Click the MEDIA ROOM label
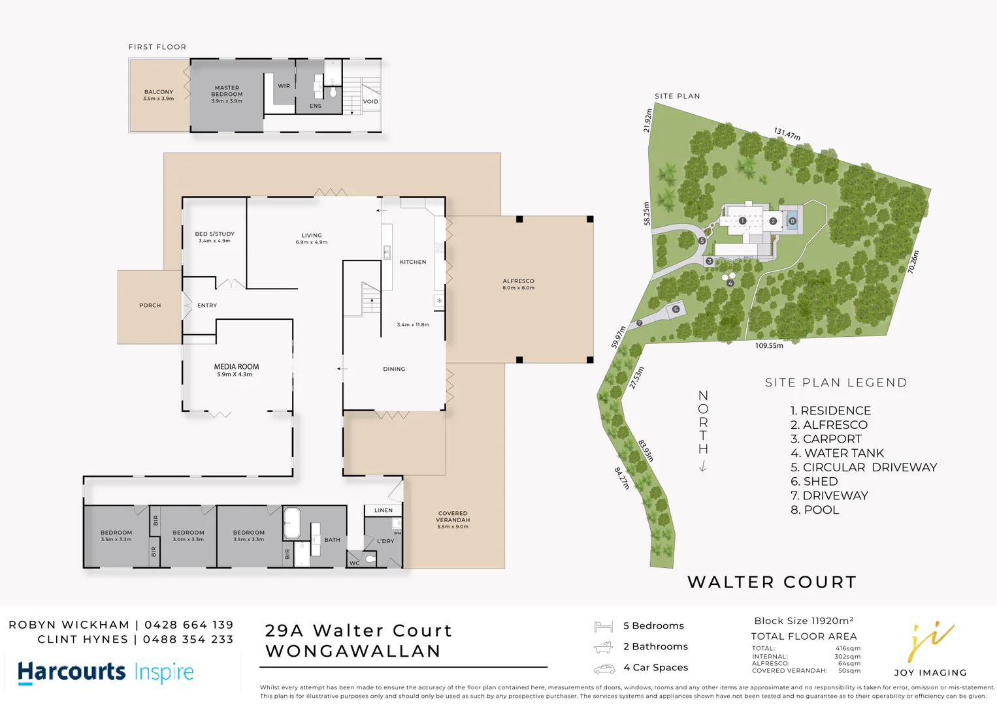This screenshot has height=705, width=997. [x=236, y=370]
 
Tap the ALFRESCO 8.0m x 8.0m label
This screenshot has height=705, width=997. [x=518, y=284]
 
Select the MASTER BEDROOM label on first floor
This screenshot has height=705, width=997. [x=227, y=94]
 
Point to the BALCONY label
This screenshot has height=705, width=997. [x=159, y=95]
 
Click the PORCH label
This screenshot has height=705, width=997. [x=150, y=305]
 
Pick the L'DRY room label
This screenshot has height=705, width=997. [x=385, y=541]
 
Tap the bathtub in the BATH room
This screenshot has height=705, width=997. [x=291, y=523]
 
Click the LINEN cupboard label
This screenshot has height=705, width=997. [x=384, y=510]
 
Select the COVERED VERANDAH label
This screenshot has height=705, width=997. [x=453, y=520]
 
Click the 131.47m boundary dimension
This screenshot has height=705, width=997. [x=787, y=134]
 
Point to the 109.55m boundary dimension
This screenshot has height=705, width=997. [x=769, y=345]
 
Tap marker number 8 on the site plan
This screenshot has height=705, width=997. [x=792, y=221]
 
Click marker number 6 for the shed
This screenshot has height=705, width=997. [x=676, y=309]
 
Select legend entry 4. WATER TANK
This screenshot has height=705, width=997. [x=837, y=453]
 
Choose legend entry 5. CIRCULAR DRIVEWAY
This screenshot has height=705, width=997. [x=863, y=467]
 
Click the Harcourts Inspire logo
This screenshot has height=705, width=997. [x=106, y=672]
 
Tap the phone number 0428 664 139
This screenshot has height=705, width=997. [x=189, y=625]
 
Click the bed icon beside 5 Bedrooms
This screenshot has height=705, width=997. [x=603, y=627]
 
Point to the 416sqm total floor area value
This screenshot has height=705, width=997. [x=848, y=648]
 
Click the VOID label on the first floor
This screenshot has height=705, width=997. [x=370, y=101]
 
